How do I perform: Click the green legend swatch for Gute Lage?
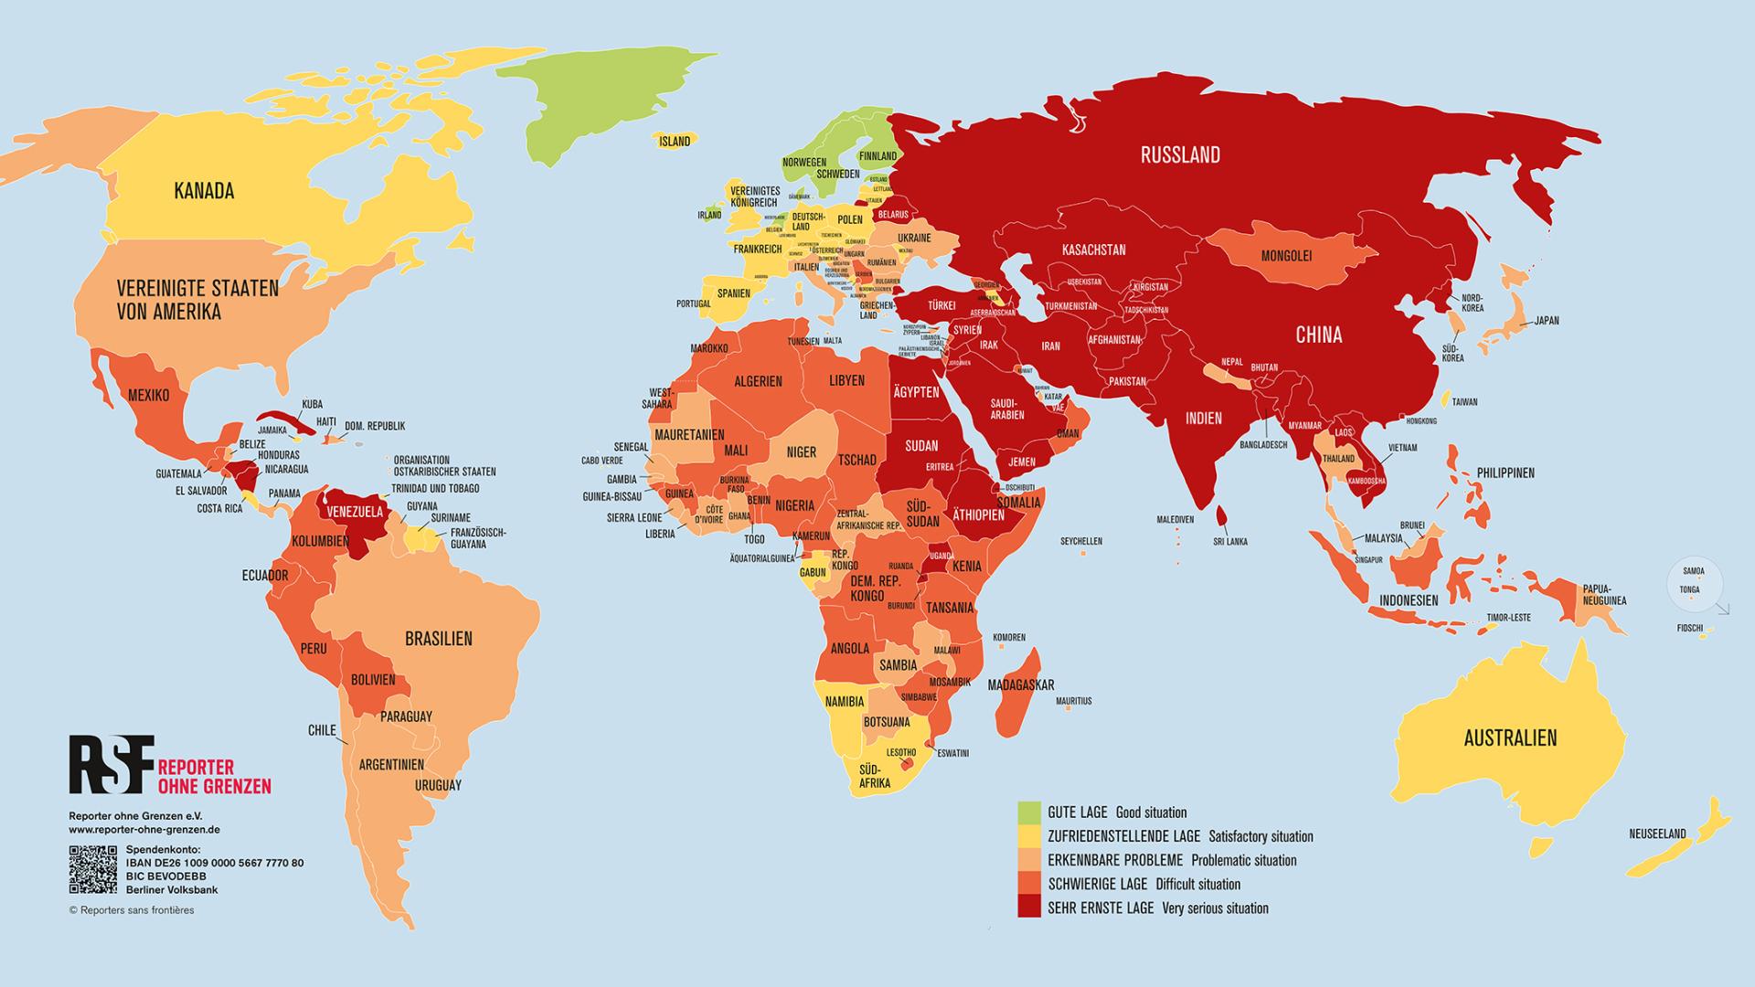[x=1029, y=812]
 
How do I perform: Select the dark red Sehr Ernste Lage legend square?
[x=1029, y=907]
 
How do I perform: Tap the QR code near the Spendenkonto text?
[x=93, y=870]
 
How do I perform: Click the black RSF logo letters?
[x=110, y=764]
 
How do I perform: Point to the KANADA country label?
[x=204, y=191]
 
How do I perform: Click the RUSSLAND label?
[x=1180, y=154]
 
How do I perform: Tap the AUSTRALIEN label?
[x=1510, y=738]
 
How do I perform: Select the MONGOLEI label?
[x=1286, y=256]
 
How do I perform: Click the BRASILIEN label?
[x=439, y=639]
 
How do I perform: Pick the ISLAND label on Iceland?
[x=675, y=142]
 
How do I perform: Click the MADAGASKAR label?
[x=1021, y=685]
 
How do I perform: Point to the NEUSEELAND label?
[x=1657, y=833]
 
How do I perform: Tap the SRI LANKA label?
[x=1230, y=542]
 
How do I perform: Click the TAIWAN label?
[x=1464, y=402]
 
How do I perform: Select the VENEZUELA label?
[x=355, y=512]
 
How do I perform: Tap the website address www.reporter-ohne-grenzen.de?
[x=144, y=830]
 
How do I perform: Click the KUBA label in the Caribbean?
[x=312, y=404]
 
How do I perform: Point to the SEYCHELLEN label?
[x=1081, y=541]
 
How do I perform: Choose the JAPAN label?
[x=1547, y=321]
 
